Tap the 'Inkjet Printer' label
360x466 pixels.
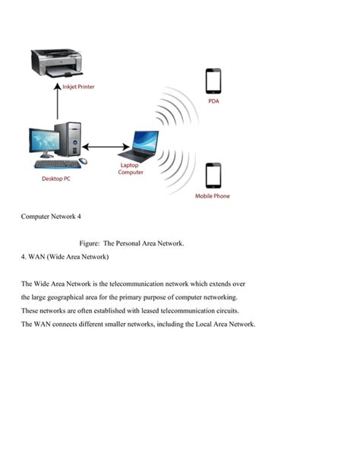point(78,87)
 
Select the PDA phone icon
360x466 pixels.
point(213,81)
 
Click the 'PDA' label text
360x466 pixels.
point(213,101)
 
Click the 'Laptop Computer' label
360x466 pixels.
point(131,169)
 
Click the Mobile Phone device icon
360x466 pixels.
point(213,176)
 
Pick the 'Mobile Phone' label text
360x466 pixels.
point(213,196)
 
